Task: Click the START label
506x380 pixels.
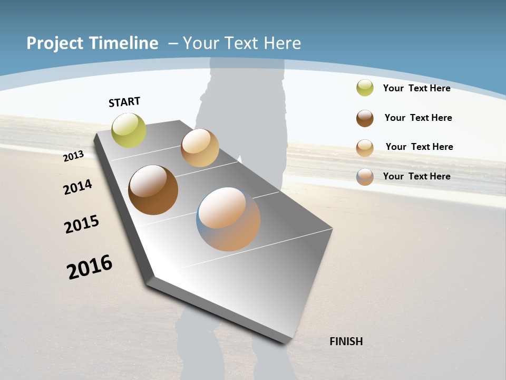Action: coord(124,102)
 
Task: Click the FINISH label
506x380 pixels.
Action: coord(346,341)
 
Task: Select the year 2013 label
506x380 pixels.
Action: coord(73,156)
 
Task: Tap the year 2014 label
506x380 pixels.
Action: coord(78,187)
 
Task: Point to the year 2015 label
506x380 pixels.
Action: coord(82,224)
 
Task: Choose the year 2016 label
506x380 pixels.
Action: coord(90,267)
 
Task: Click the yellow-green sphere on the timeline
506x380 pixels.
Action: coord(129,130)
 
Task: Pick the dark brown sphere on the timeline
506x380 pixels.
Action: coord(153,190)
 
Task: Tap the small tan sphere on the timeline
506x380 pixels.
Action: coord(200,148)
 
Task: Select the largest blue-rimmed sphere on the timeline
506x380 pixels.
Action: coord(228,219)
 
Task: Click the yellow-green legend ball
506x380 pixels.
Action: coord(365,88)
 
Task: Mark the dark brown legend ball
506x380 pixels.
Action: coord(365,118)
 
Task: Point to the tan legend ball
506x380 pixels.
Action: coord(365,148)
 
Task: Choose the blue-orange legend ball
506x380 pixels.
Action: coord(365,177)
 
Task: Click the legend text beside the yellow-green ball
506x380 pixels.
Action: coord(416,88)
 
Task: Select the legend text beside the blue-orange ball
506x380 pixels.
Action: coord(416,176)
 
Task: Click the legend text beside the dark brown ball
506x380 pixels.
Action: coord(418,118)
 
